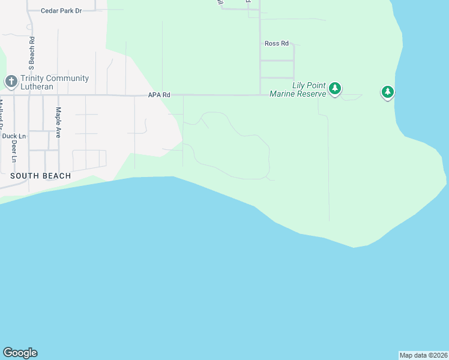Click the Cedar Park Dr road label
[69, 11]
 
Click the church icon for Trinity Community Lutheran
[11, 82]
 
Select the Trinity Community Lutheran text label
[54, 82]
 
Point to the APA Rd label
[160, 95]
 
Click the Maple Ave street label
[58, 122]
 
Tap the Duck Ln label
[14, 136]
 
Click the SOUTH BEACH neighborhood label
[40, 176]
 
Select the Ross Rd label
[277, 44]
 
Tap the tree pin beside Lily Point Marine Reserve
[335, 89]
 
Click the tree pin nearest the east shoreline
[388, 92]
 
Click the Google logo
[20, 353]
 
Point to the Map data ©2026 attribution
[424, 355]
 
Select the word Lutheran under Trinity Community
[37, 86]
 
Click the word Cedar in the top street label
[50, 11]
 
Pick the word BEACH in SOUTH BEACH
[56, 176]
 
